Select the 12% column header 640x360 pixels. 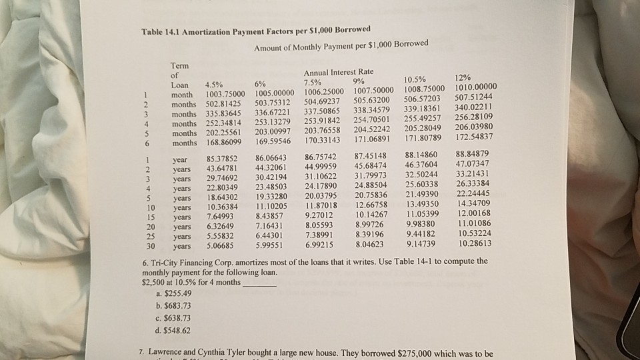click(461, 77)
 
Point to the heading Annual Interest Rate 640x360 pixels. click(338, 71)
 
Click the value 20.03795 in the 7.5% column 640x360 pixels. click(321, 196)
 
